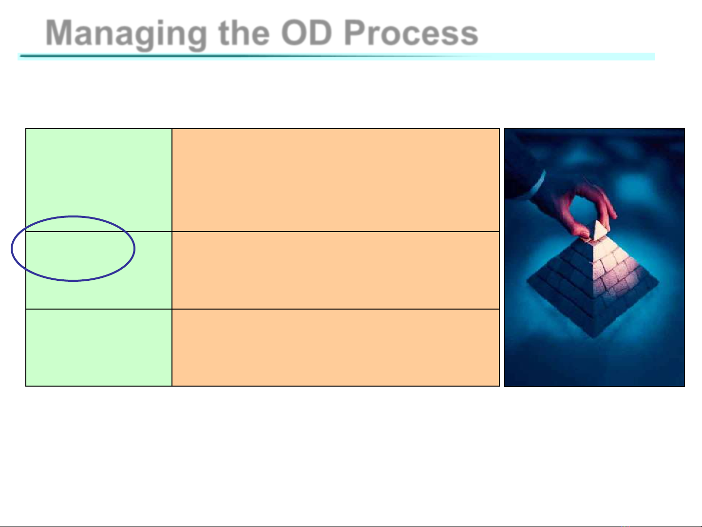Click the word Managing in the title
coord(126,34)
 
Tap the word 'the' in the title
coord(244,33)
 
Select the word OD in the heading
coord(306,33)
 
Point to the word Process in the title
coord(411,33)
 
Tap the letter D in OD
coord(321,33)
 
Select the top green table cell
coord(99,180)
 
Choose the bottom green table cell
coord(99,348)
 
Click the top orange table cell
coord(336,180)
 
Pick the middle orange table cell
coord(336,270)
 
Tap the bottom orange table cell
coord(336,348)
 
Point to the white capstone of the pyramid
coord(599,231)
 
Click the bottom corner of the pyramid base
coord(594,337)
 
